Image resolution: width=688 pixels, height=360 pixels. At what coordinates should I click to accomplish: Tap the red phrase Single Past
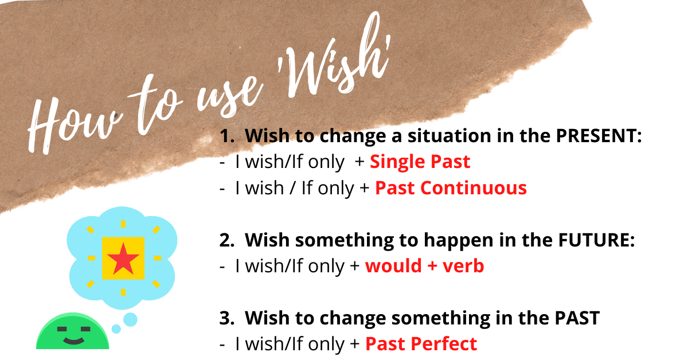point(420,162)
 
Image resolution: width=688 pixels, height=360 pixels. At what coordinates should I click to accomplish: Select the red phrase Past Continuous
point(451,188)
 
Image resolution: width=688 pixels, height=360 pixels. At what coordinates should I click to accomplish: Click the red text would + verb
point(424,267)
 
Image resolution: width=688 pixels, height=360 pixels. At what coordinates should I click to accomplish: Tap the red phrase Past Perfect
point(421,345)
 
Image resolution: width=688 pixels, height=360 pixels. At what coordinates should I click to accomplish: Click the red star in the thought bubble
point(123,259)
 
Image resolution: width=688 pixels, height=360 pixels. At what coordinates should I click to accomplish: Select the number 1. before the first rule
point(228,136)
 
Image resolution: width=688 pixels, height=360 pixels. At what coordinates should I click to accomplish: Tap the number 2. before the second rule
point(228,241)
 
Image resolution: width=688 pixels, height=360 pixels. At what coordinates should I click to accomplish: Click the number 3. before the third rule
point(228,319)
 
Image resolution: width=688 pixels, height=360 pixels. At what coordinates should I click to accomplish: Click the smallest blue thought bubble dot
point(116,329)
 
